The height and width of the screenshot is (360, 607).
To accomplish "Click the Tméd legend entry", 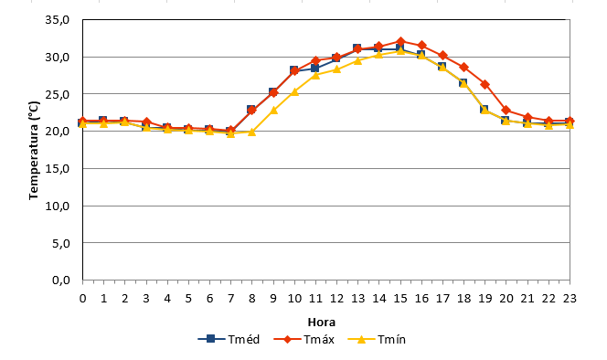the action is pyautogui.click(x=229, y=340).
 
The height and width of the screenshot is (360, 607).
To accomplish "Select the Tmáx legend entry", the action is pyautogui.click(x=303, y=340).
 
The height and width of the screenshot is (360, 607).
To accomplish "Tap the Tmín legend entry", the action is pyautogui.click(x=377, y=340).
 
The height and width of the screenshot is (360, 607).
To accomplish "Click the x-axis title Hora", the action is pyautogui.click(x=321, y=322).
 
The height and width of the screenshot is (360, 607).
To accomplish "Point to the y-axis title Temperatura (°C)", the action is pyautogui.click(x=34, y=150).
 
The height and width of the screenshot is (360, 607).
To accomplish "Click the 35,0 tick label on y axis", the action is pyautogui.click(x=57, y=20).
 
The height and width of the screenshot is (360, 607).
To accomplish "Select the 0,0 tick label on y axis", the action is pyautogui.click(x=61, y=280).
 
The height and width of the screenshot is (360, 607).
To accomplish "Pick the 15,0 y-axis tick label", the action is pyautogui.click(x=57, y=168).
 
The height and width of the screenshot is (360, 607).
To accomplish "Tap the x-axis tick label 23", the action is pyautogui.click(x=570, y=299).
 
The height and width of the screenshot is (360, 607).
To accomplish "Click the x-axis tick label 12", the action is pyautogui.click(x=336, y=299).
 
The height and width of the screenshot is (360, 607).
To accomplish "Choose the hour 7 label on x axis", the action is pyautogui.click(x=230, y=299).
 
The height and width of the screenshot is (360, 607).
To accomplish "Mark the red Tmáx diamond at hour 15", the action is pyautogui.click(x=400, y=41).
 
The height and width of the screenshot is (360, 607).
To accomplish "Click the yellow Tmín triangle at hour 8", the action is pyautogui.click(x=251, y=132).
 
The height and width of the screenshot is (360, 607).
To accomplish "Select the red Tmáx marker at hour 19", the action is pyautogui.click(x=485, y=84).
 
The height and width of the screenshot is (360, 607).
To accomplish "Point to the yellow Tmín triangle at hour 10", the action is pyautogui.click(x=294, y=91).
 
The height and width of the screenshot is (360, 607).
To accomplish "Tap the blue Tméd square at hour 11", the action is pyautogui.click(x=315, y=69).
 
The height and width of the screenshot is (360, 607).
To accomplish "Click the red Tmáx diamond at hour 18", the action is pyautogui.click(x=463, y=68).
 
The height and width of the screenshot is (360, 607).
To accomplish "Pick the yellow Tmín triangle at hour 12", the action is pyautogui.click(x=336, y=69).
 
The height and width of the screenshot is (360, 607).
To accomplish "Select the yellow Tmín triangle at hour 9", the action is pyautogui.click(x=273, y=111).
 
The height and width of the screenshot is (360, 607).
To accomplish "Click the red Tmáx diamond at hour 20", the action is pyautogui.click(x=506, y=111).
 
